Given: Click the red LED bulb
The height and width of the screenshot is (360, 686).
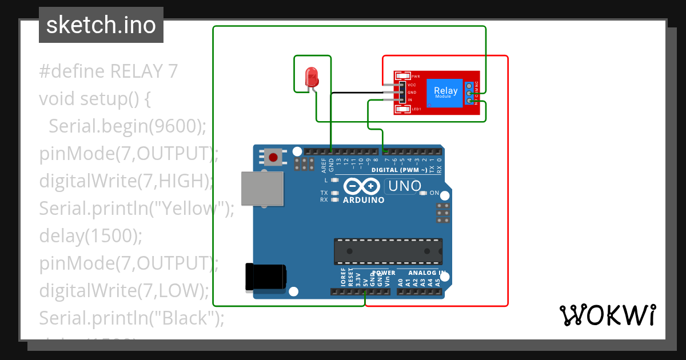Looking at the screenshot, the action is (x=312, y=75).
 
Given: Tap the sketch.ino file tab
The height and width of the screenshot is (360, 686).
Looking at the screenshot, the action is (x=101, y=25).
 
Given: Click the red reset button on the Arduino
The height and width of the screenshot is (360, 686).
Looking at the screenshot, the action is (x=273, y=157).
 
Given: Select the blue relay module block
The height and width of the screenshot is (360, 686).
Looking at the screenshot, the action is (x=445, y=93).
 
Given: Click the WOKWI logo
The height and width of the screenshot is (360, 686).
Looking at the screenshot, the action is (x=607, y=315).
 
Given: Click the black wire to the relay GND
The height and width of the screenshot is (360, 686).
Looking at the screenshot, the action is (x=354, y=92).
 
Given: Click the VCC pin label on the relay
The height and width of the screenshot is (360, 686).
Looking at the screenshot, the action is (x=411, y=85).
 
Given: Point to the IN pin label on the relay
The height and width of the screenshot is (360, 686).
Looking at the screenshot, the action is (x=409, y=100).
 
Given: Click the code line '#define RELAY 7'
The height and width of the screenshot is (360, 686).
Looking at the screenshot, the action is (x=109, y=71).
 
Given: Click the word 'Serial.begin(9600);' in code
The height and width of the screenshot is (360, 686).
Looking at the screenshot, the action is (x=127, y=126).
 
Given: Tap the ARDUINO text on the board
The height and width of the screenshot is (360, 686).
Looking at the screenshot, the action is (x=363, y=200).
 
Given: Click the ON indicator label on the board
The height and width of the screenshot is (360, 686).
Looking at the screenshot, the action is (x=434, y=193).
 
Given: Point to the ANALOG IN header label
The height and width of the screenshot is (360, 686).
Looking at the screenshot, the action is (x=422, y=273).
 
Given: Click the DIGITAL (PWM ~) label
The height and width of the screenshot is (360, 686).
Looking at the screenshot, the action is (x=399, y=170).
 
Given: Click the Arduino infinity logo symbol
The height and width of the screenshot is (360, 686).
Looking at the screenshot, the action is (x=361, y=186).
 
